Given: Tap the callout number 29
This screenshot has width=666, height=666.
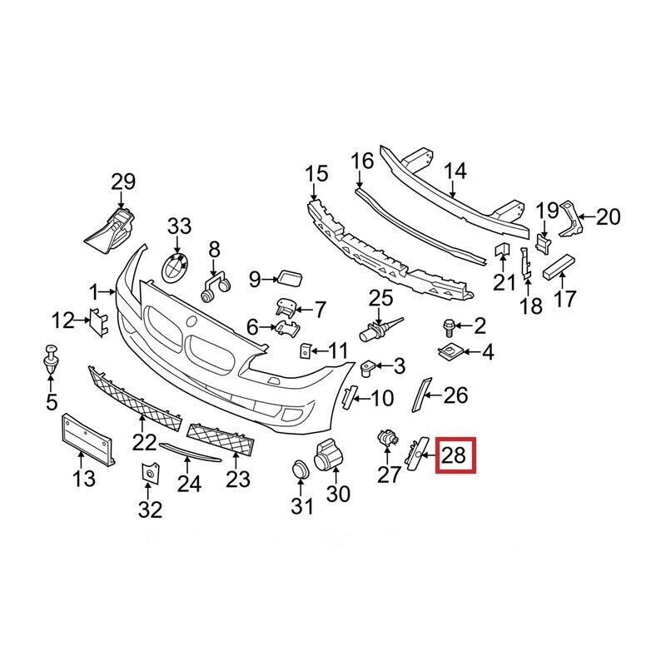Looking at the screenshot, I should tap(122, 181).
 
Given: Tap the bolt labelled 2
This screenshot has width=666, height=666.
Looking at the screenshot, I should tap(449, 326).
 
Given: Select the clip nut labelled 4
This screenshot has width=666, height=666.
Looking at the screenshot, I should tap(452, 353).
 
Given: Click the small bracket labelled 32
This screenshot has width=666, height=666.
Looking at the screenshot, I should tap(150, 475).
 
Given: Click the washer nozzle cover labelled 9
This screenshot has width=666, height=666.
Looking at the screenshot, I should tap(288, 276).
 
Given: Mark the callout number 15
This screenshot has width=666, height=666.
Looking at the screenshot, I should tap(316, 175).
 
